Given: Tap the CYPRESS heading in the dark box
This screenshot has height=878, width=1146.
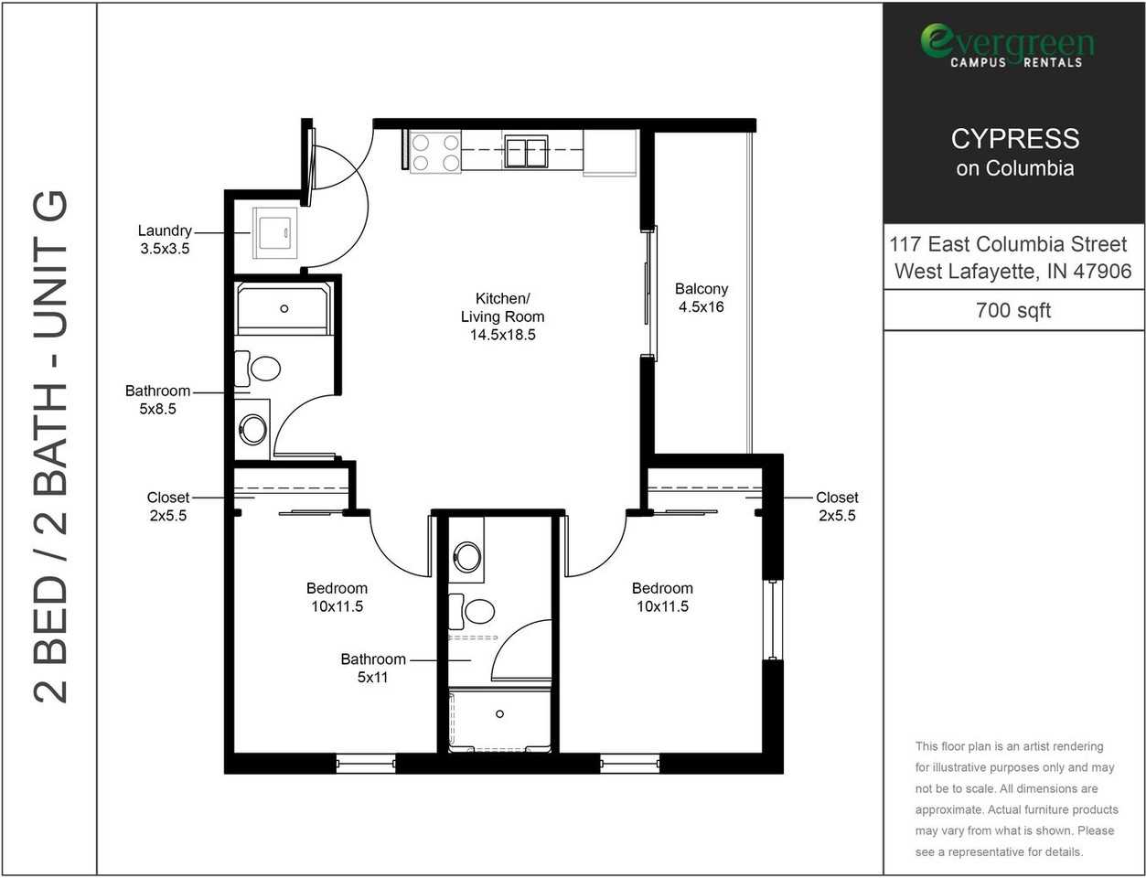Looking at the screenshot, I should click(1014, 139).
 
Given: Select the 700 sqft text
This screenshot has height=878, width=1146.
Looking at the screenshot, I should click(1013, 310).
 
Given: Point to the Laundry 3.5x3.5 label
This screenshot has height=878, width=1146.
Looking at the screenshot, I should click(165, 240).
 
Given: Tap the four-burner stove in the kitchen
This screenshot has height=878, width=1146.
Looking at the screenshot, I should click(434, 152).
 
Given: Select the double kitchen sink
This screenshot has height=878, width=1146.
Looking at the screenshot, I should click(525, 152).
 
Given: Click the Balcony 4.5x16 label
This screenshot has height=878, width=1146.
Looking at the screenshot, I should click(702, 298).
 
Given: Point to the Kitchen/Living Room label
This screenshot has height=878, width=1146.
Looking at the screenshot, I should click(502, 316).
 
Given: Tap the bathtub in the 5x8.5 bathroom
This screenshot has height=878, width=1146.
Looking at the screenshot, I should click(284, 309).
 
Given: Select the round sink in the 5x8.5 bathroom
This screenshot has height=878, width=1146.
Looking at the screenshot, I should click(252, 429).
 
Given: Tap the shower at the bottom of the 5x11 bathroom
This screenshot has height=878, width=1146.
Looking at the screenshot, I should click(499, 721).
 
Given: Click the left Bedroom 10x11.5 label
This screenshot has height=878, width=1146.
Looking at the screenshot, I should click(337, 597).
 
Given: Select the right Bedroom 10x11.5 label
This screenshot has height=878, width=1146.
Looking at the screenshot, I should click(662, 597).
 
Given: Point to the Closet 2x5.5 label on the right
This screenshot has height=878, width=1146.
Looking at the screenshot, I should click(837, 507).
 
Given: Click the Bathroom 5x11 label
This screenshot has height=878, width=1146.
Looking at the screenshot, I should click(373, 669).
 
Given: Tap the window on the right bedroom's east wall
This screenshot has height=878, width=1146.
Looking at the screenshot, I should click(773, 619).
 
